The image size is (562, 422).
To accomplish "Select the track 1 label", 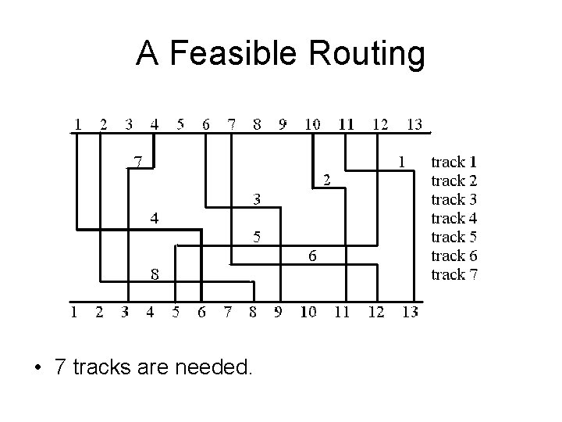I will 454,163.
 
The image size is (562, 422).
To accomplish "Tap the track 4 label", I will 454,218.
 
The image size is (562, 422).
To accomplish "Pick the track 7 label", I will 454,274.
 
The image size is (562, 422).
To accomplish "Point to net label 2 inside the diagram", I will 327,180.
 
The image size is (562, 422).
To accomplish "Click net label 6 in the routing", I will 311,255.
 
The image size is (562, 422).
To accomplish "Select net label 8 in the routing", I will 155,274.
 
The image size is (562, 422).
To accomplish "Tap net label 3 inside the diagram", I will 255,199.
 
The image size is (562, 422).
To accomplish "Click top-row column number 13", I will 414,123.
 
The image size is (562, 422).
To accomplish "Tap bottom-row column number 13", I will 409,313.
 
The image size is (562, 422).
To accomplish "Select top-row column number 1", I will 78,123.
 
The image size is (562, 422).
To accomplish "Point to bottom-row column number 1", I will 74,313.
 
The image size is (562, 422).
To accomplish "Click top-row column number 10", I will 311,123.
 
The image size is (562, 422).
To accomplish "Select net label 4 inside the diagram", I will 155,218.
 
